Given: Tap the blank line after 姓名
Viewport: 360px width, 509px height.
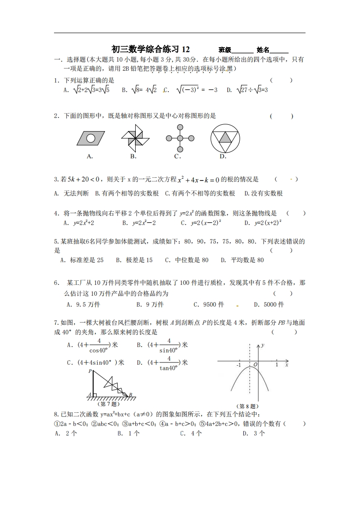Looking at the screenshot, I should pyautogui.click(x=279, y=51).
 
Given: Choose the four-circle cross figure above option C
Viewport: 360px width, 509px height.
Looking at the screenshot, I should pyautogui.click(x=180, y=137).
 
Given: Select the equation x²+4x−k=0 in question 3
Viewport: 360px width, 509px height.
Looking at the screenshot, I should pyautogui.click(x=198, y=180).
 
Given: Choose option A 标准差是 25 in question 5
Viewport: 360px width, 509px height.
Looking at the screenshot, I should pyautogui.click(x=82, y=260).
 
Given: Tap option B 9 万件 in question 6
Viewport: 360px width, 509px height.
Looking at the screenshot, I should pyautogui.click(x=150, y=304).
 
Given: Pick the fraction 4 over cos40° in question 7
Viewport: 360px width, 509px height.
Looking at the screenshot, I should pyautogui.click(x=99, y=345).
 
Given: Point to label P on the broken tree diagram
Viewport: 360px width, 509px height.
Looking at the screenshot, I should pyautogui.click(x=90, y=371).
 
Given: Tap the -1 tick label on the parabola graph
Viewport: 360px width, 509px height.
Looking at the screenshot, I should pyautogui.click(x=239, y=365).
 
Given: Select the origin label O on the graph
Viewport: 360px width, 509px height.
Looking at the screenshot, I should pyautogui.click(x=255, y=365).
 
